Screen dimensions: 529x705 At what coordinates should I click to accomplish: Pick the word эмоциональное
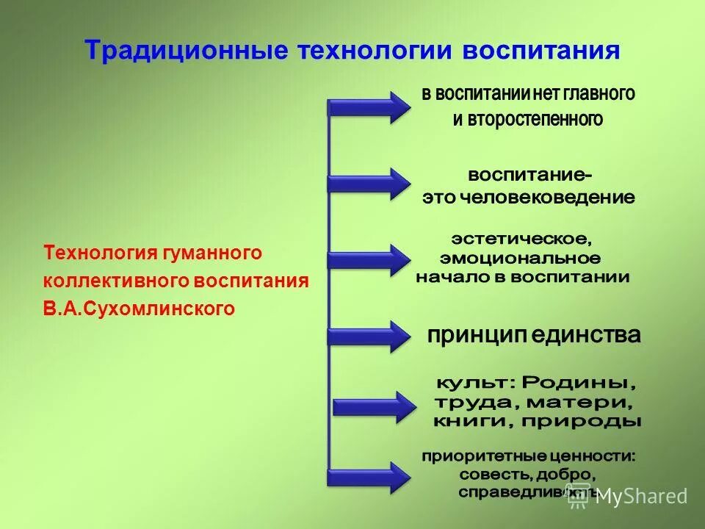520,258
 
